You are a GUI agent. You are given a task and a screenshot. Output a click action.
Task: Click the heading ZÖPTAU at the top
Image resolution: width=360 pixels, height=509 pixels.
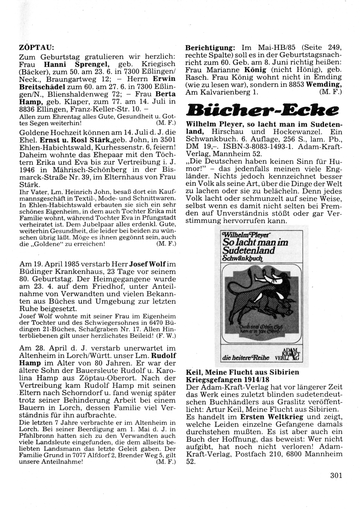36,47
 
